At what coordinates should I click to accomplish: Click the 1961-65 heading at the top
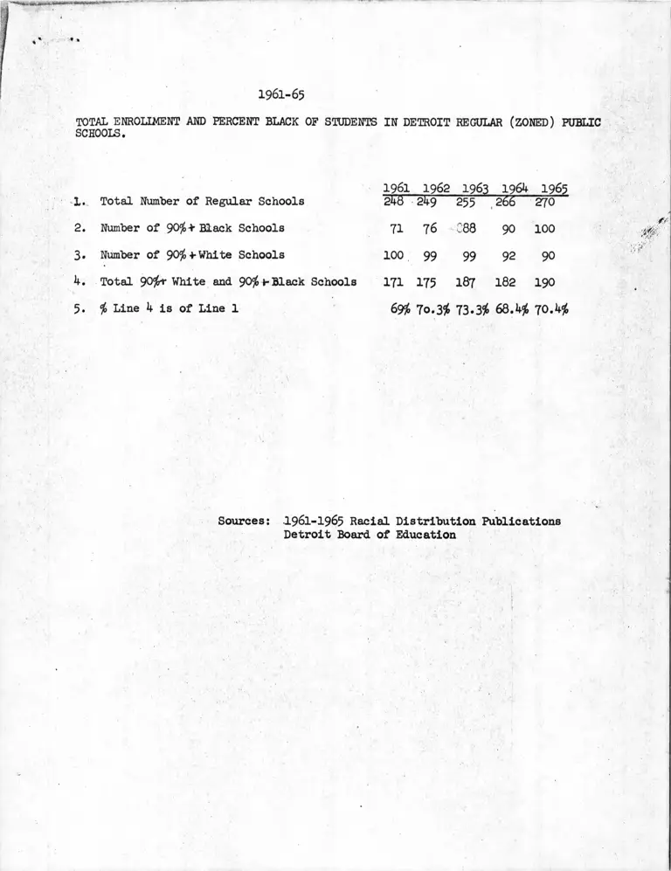point(281,93)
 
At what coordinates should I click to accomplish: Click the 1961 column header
point(397,189)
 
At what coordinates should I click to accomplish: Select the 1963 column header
point(474,189)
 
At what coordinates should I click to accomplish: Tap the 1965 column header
point(554,189)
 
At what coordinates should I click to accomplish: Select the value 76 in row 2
point(430,229)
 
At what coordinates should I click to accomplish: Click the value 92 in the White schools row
point(509,256)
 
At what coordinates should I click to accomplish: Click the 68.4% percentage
point(514,309)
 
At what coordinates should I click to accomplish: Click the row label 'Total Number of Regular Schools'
point(202,202)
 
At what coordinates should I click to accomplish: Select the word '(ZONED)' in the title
point(526,122)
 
